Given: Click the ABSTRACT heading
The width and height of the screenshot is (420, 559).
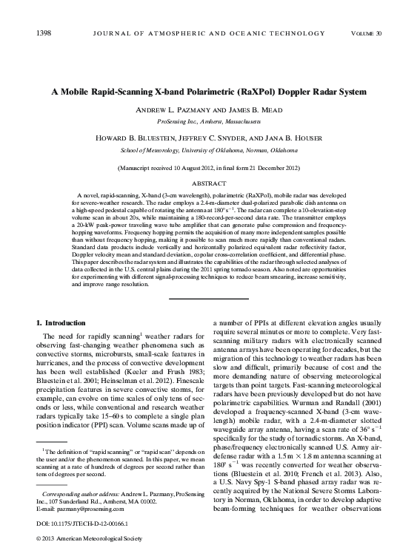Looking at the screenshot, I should point(210,181).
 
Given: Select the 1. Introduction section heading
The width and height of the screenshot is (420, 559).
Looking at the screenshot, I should point(64,323).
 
